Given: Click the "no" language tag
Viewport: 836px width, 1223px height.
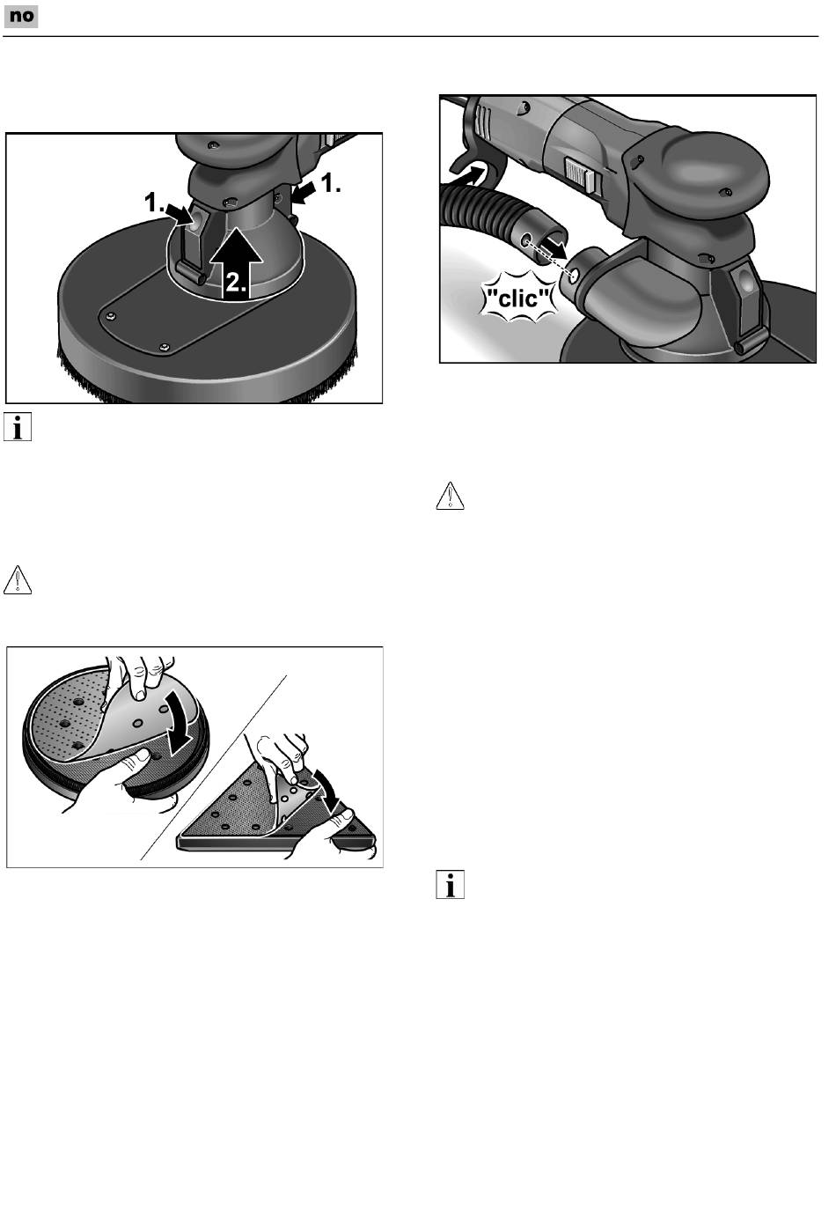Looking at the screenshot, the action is coord(21,17).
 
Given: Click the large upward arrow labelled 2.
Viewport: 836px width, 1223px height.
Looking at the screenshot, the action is coord(237,264).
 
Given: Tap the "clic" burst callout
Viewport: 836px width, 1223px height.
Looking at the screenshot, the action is coord(519,298).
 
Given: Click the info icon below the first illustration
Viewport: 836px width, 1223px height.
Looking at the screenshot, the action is coord(18,427).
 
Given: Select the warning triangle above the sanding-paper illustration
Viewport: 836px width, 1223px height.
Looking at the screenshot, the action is coord(18,580).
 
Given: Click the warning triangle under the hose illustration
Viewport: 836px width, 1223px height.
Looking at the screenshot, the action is coord(451,496).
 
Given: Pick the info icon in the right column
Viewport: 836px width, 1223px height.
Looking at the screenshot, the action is coord(451,885).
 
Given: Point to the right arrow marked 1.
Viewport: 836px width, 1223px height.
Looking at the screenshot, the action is coord(304,193).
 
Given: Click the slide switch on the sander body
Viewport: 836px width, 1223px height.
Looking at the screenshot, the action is coord(578,173).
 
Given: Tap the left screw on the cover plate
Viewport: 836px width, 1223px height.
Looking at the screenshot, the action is coord(112,316).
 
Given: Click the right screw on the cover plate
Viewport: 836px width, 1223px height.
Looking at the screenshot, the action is coord(165,347).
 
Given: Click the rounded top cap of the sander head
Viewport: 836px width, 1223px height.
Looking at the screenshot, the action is coord(722,169).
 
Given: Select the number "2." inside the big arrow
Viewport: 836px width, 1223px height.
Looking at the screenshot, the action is coord(237,283).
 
